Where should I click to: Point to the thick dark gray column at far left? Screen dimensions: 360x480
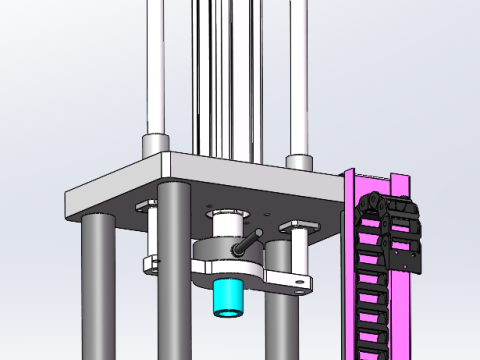pyautogui.click(x=97, y=290)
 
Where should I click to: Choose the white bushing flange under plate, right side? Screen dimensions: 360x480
pyautogui.click(x=298, y=225)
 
